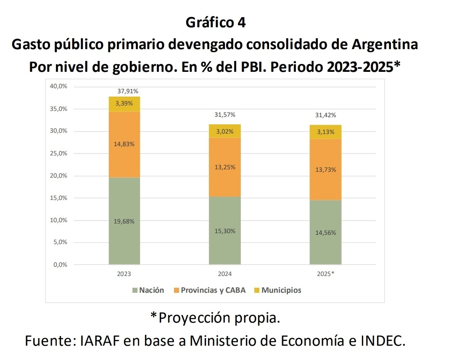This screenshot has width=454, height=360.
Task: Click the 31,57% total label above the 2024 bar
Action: [225, 115]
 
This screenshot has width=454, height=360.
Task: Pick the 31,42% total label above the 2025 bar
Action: [326, 115]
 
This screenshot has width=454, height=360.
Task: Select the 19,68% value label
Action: [124, 221]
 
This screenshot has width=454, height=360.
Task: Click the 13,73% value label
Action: [326, 169]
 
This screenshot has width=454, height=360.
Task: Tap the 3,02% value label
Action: [225, 131]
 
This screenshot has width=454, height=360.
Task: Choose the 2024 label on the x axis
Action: [225, 274]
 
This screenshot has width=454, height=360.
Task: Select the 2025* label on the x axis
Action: [326, 274]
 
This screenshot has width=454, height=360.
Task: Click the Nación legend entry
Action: [148, 290]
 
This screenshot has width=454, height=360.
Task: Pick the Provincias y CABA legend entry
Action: [209, 290]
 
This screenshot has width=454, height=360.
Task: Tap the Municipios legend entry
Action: [277, 290]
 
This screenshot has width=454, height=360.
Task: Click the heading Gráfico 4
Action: [216, 23]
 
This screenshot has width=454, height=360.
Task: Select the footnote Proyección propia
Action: [215, 318]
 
